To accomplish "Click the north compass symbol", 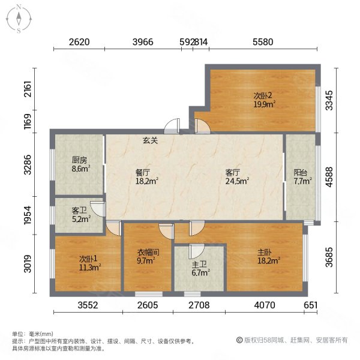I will pyautogui.click(x=20, y=18).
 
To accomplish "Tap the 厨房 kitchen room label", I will pyautogui.click(x=80, y=160).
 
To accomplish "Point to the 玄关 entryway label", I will pyautogui.click(x=150, y=141).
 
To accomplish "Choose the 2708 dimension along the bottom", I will pyautogui.click(x=199, y=305).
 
